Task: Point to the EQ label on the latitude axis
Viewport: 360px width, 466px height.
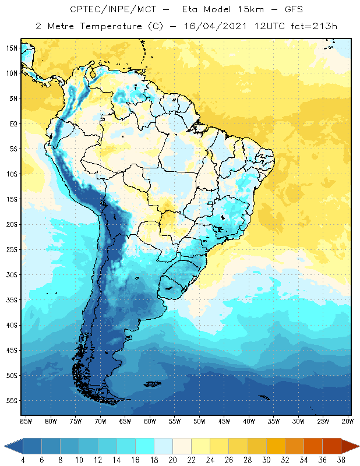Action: pos(11,123)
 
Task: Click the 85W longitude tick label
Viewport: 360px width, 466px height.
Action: pos(26,421)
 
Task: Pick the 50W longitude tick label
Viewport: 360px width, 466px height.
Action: pos(199,421)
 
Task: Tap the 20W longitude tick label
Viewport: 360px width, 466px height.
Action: pos(348,421)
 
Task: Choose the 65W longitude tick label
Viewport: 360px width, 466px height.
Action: pos(125,421)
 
